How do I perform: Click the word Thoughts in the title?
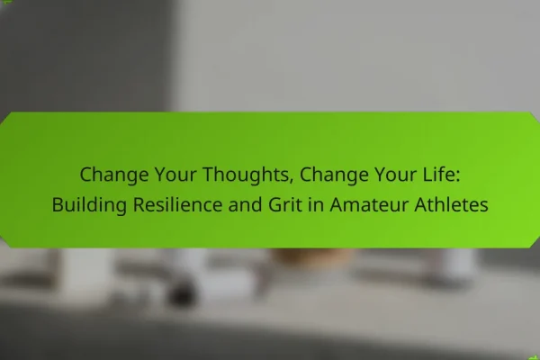[x=246, y=175]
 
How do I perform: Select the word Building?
[x=89, y=205]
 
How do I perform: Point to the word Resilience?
[x=177, y=204]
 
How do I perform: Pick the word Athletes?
[x=451, y=204]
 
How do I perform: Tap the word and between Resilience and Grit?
[x=245, y=204]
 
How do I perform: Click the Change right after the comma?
[x=334, y=175]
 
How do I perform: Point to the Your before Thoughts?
[x=175, y=174]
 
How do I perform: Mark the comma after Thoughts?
[x=292, y=181]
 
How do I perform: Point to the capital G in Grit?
[x=274, y=204]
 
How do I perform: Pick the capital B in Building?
[x=58, y=204]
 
